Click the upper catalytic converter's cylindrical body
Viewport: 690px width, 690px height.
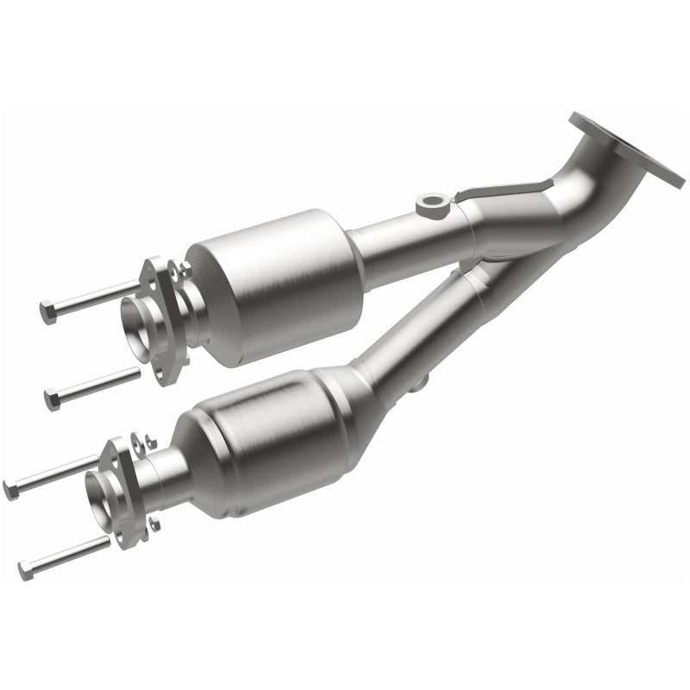click(276, 285)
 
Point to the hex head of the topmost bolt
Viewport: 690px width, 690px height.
click(47, 311)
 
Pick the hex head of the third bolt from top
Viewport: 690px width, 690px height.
click(11, 491)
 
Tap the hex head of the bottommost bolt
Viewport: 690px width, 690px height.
click(26, 569)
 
